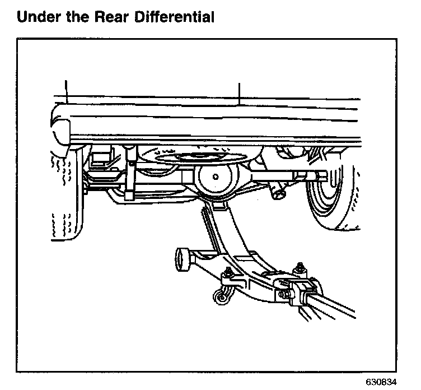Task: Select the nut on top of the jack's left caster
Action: click(228, 273)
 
